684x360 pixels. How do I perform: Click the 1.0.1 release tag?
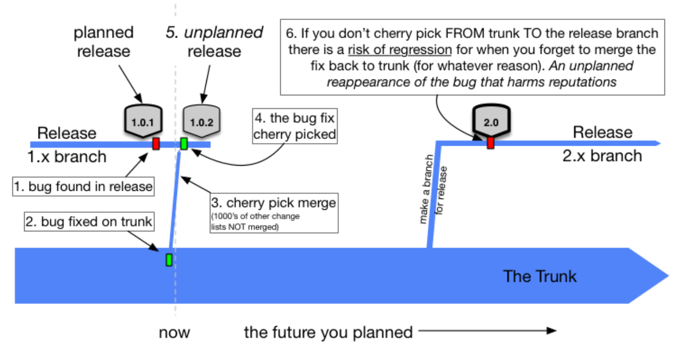143,122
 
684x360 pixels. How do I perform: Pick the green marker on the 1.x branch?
184,144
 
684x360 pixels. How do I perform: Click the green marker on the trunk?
169,259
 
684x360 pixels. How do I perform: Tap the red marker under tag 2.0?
491,143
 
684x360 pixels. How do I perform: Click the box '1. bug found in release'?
84,186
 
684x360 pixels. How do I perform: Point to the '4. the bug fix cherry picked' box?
295,127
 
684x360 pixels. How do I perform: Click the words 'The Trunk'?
540,276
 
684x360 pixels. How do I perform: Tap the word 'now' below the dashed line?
174,332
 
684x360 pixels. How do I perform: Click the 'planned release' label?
104,42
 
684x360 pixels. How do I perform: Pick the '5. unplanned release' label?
214,42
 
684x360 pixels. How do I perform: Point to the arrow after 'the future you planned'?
487,331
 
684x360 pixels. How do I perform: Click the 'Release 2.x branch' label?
602,144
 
